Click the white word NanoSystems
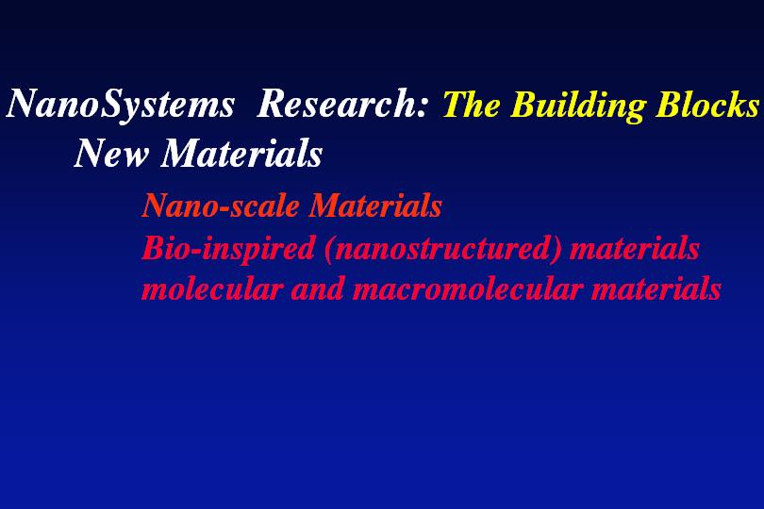tap(121, 105)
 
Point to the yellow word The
tap(471, 104)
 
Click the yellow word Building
tap(578, 106)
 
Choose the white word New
tap(111, 153)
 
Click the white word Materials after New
tap(241, 153)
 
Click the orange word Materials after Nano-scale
tap(375, 205)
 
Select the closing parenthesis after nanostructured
tap(559, 250)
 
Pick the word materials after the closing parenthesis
tap(635, 249)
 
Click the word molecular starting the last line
tap(212, 287)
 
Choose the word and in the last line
tap(318, 287)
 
